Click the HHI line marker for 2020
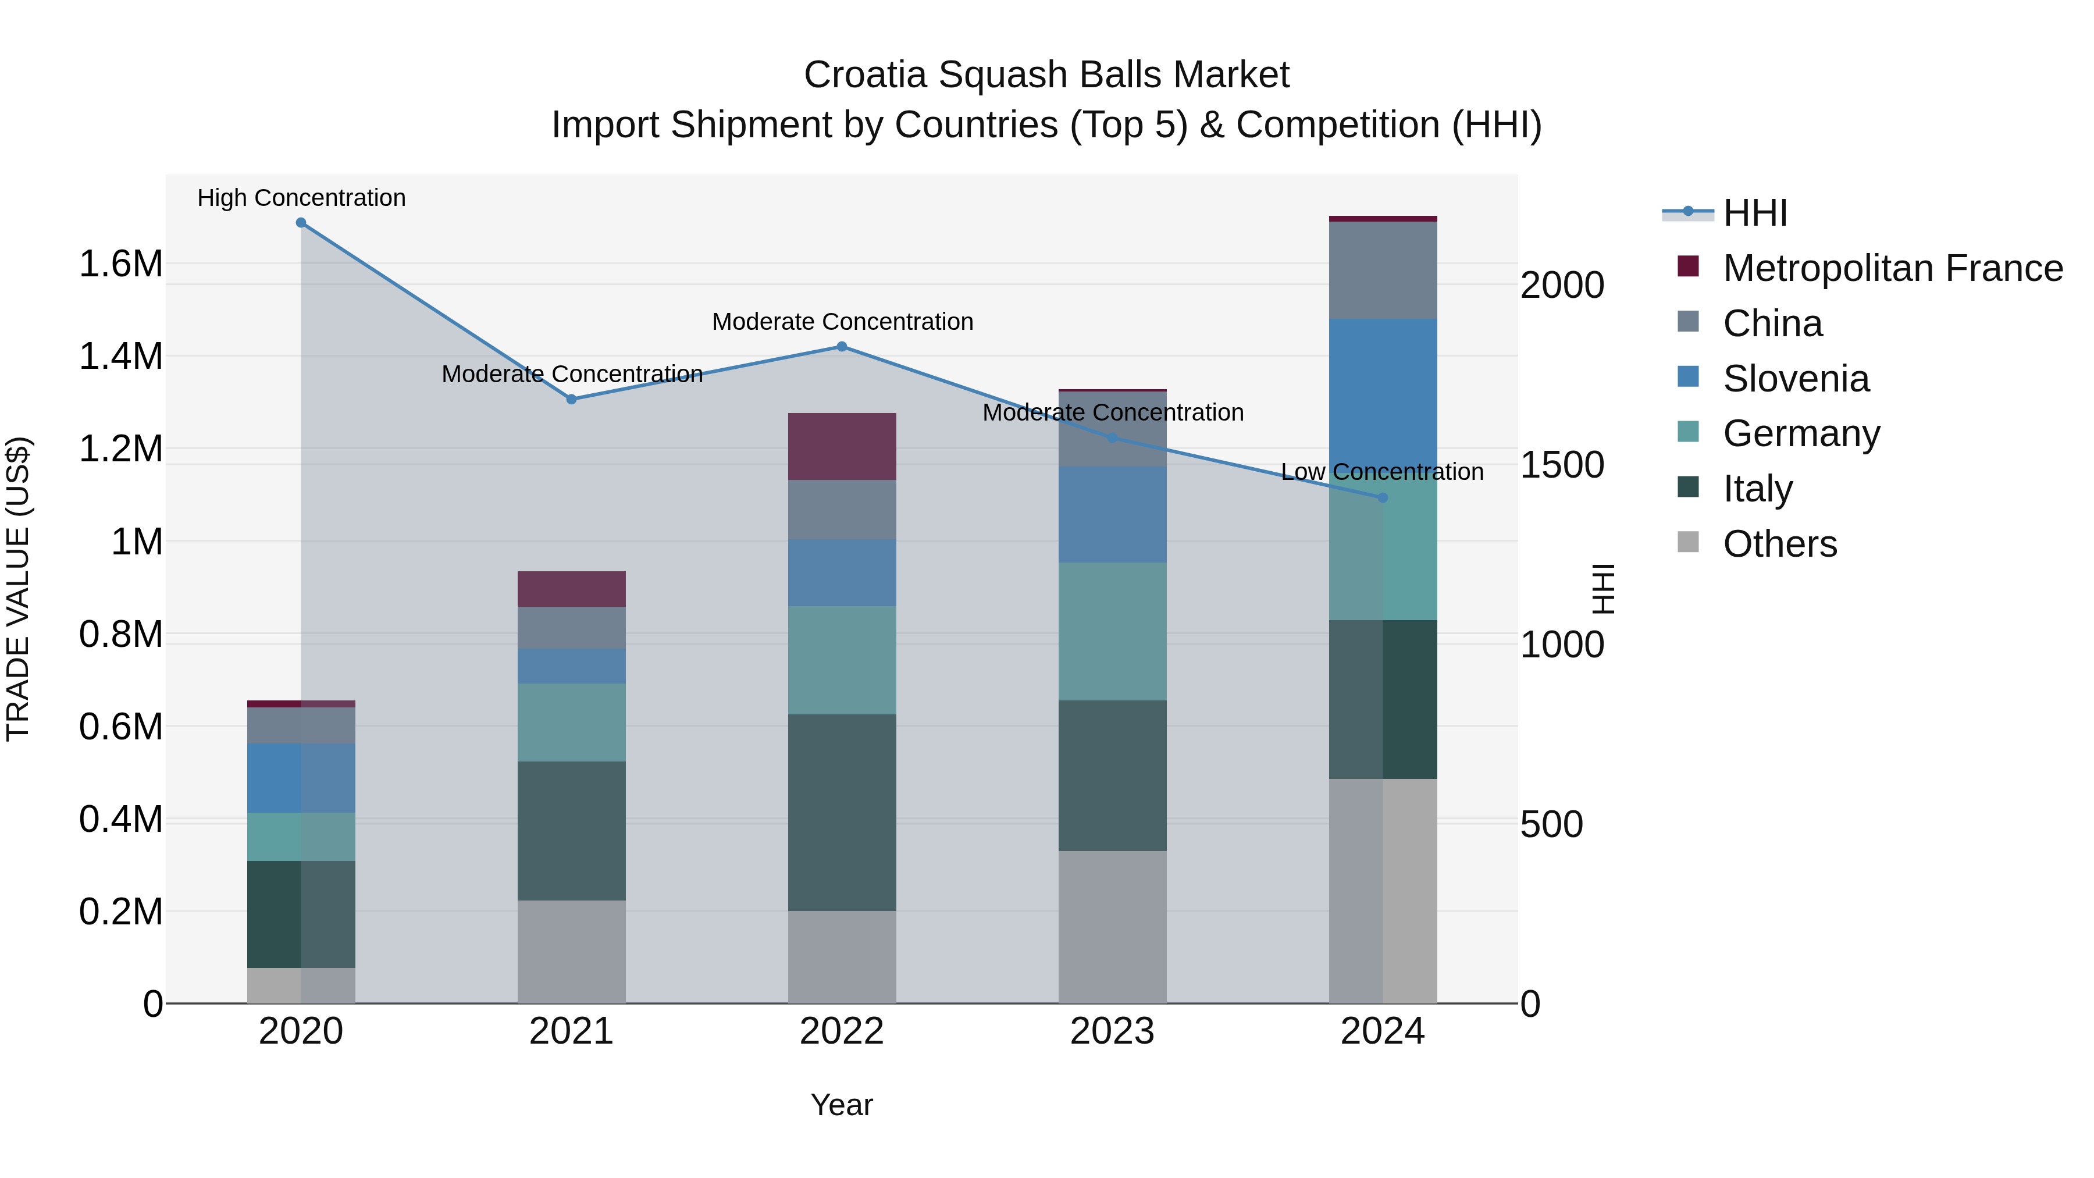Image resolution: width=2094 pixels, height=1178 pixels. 301,223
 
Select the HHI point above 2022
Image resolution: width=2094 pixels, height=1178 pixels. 842,347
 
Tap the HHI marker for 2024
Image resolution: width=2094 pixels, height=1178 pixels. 1383,497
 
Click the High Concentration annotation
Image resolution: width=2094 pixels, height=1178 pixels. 301,198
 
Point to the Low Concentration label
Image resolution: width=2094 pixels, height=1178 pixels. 1382,472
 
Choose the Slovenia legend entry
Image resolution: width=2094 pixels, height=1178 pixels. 1796,379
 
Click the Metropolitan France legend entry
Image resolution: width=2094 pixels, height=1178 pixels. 1892,268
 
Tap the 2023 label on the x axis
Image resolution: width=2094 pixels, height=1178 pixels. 1112,1031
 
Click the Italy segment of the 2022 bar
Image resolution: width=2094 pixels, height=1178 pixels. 842,813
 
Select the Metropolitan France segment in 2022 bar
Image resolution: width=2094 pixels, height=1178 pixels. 842,446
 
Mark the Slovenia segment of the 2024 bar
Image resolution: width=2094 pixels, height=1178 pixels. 1383,390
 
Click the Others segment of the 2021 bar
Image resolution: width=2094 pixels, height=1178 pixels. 571,951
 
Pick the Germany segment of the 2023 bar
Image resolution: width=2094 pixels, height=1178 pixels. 1112,632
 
